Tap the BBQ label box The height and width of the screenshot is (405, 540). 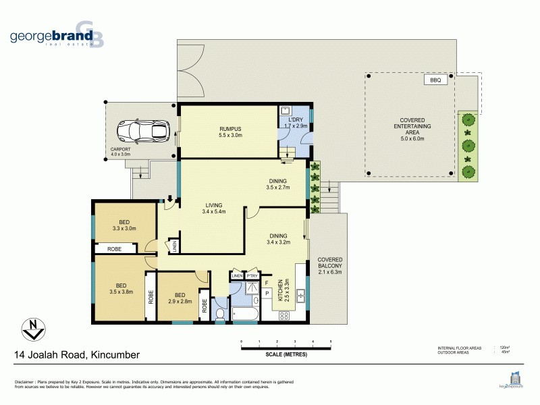(x=435, y=80)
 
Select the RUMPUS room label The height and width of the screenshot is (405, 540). (x=230, y=133)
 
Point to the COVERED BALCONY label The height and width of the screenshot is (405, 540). (x=331, y=265)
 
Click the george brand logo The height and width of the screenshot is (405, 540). (x=57, y=38)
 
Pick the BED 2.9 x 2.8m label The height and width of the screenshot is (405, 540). (x=179, y=298)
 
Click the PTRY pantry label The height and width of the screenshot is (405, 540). (x=252, y=275)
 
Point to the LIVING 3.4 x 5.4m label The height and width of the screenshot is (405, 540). (x=213, y=208)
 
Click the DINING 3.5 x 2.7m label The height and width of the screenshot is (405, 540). (x=277, y=184)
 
